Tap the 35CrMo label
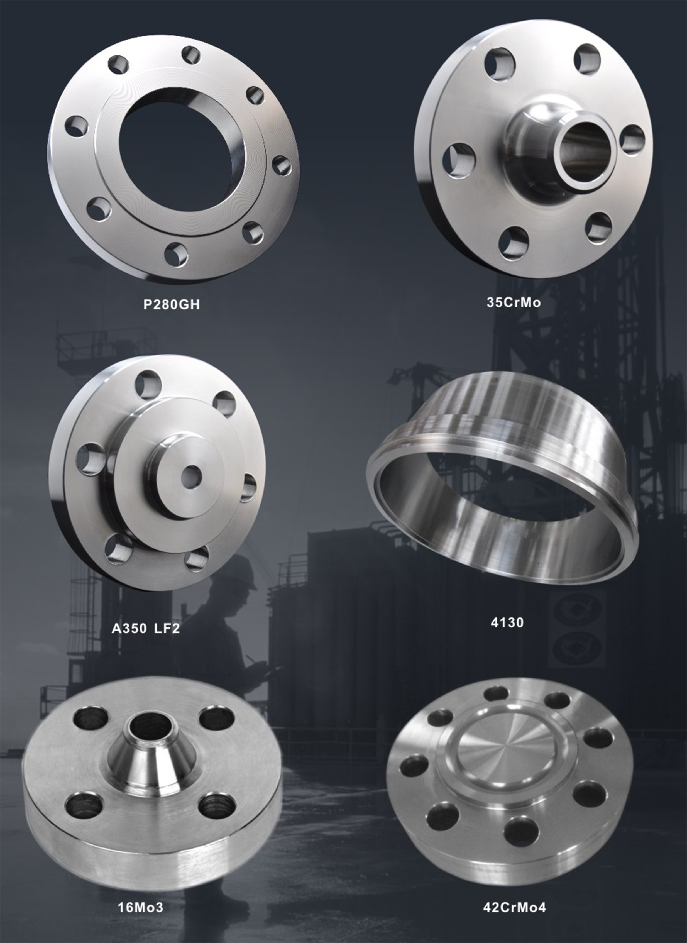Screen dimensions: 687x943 (x=514, y=302)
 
